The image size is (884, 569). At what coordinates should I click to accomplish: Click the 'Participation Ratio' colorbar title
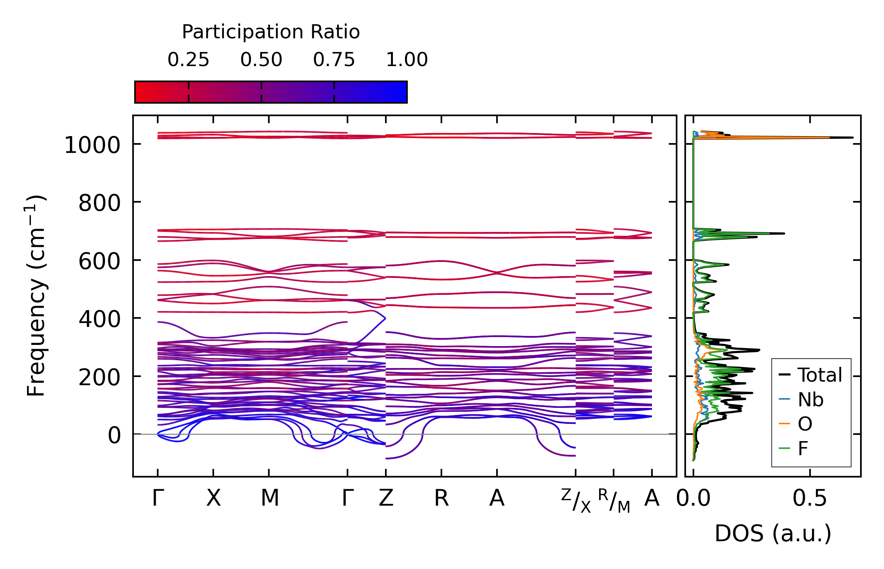[x=271, y=32]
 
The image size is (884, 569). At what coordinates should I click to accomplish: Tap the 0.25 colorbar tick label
[x=188, y=60]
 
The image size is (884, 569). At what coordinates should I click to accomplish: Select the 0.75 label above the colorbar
[x=334, y=60]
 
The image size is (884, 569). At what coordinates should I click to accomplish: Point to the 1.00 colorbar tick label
[x=407, y=60]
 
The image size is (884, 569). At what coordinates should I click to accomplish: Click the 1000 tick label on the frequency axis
[x=92, y=146]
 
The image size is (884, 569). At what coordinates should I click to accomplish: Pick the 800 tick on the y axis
[x=99, y=203]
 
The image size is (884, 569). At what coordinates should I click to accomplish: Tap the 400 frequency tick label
[x=99, y=320]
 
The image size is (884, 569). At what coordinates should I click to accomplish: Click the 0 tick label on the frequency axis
[x=114, y=435]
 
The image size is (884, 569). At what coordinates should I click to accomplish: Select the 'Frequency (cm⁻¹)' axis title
[x=36, y=296]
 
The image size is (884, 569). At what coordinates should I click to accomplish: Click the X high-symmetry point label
[x=213, y=498]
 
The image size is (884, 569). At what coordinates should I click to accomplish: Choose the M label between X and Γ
[x=270, y=498]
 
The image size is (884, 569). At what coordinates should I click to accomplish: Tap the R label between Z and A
[x=441, y=498]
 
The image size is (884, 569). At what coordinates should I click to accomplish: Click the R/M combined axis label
[x=614, y=501]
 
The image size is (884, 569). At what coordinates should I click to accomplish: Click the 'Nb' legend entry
[x=810, y=400]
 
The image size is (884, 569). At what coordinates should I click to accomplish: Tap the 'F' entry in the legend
[x=803, y=448]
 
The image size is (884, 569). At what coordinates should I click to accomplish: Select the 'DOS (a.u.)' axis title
[x=773, y=533]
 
